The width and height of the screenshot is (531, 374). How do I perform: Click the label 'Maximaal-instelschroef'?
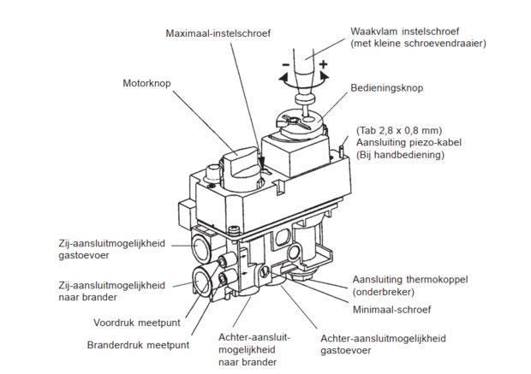click(218, 33)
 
